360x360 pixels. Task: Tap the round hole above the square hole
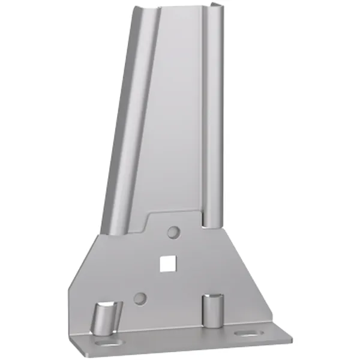click(x=173, y=231)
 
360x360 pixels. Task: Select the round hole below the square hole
click(x=140, y=296)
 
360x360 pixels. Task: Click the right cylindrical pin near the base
click(x=211, y=310)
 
